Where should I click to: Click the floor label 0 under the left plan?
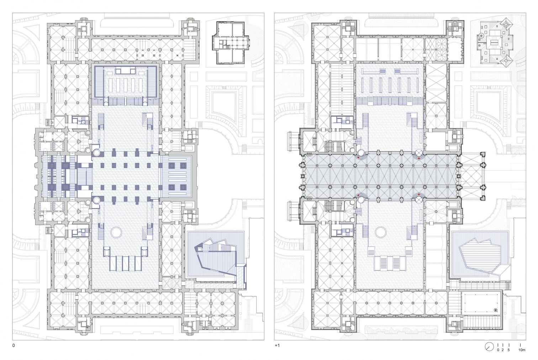pyautogui.click(x=14, y=345)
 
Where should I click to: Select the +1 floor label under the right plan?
pyautogui.click(x=277, y=345)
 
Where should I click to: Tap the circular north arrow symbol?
pyautogui.click(x=489, y=346)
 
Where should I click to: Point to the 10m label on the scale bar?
pyautogui.click(x=522, y=350)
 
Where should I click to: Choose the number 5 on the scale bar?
pyautogui.click(x=508, y=350)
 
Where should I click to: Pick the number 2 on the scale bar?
pyautogui.click(x=502, y=350)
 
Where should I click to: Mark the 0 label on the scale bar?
pyautogui.click(x=498, y=350)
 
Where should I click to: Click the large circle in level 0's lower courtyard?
pyautogui.click(x=116, y=233)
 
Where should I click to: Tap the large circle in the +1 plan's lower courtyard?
pyautogui.click(x=381, y=232)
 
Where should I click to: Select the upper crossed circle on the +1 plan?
pyautogui.click(x=419, y=152)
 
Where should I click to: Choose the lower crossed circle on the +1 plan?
pyautogui.click(x=419, y=199)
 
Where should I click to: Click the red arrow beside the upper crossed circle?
pyautogui.click(x=419, y=159)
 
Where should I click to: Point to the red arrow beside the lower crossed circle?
pyautogui.click(x=419, y=194)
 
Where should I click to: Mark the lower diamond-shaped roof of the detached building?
pyautogui.click(x=507, y=60)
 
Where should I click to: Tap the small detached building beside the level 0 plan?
pyautogui.click(x=231, y=43)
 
